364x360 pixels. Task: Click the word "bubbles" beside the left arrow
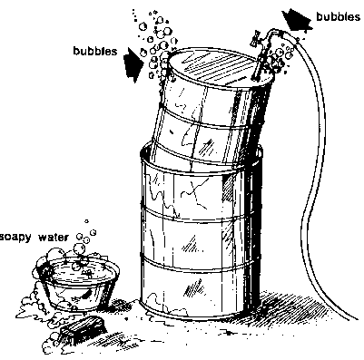click(x=95, y=51)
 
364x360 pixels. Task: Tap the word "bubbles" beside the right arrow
click(x=339, y=16)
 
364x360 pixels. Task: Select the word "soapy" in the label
click(x=15, y=238)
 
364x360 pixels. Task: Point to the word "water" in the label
click(x=54, y=238)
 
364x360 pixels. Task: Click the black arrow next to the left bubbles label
click(x=133, y=64)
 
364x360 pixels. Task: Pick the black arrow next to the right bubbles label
click(x=296, y=21)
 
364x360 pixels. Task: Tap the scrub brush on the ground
click(x=84, y=327)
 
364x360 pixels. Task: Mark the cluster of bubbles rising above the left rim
click(x=156, y=45)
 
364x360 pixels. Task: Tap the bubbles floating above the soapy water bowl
click(x=84, y=238)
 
